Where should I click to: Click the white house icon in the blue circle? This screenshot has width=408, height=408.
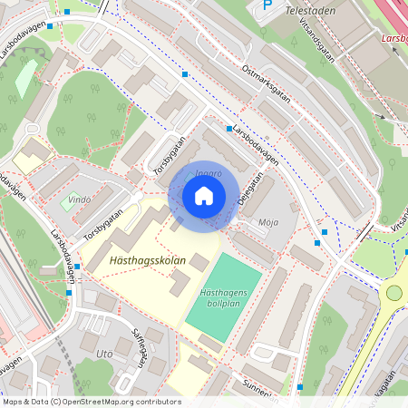pyautogui.click(x=204, y=195)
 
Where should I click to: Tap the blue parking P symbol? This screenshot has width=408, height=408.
pyautogui.click(x=266, y=5)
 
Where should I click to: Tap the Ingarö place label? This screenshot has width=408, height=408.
pyautogui.click(x=208, y=172)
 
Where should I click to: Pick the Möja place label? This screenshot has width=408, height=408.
pyautogui.click(x=268, y=221)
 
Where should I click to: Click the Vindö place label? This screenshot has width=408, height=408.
pyautogui.click(x=80, y=199)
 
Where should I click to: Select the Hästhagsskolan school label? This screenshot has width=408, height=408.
pyautogui.click(x=147, y=260)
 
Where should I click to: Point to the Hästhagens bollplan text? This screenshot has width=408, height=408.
pyautogui.click(x=224, y=298)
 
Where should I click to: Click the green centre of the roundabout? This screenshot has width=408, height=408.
pyautogui.click(x=393, y=292)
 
